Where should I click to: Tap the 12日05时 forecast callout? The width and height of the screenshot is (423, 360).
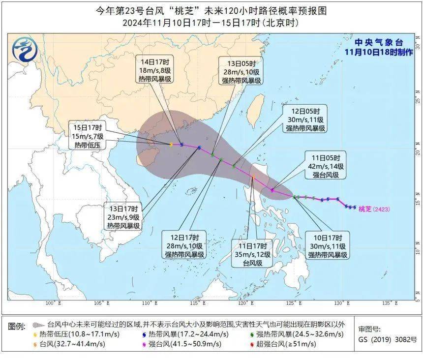pos(305,120)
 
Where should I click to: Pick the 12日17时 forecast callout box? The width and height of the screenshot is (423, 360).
pos(186,246)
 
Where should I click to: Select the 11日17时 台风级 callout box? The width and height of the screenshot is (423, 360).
pos(251,254)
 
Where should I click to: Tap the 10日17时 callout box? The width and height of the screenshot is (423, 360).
pos(328,246)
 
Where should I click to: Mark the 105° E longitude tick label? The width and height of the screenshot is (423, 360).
pos(100,303)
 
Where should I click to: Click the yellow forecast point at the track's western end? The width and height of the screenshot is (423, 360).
pos(171,145)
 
